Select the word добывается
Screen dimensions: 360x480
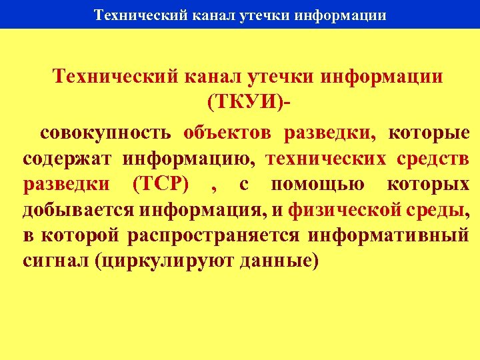[x=79, y=211]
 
